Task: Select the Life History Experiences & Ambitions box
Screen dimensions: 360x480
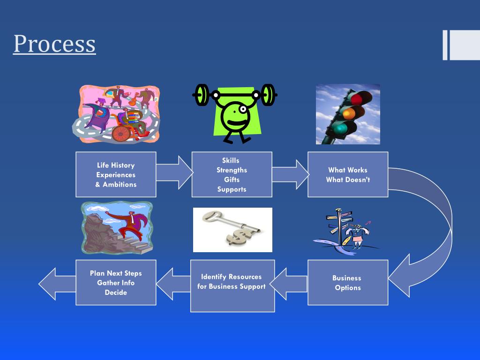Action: pyautogui.click(x=116, y=174)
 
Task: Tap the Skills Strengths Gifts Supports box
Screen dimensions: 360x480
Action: pyautogui.click(x=232, y=174)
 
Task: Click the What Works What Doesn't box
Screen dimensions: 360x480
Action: pyautogui.click(x=348, y=174)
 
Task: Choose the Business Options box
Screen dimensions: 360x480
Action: pyautogui.click(x=348, y=282)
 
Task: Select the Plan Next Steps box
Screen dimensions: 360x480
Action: pyautogui.click(x=116, y=282)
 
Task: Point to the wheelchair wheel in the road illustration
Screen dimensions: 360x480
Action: pyautogui.click(x=121, y=133)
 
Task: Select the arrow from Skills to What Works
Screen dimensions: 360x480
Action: pyautogui.click(x=290, y=174)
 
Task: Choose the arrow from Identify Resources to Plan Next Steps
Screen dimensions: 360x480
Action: pyautogui.click(x=173, y=283)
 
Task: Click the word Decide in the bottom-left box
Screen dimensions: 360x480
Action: pyautogui.click(x=116, y=292)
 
